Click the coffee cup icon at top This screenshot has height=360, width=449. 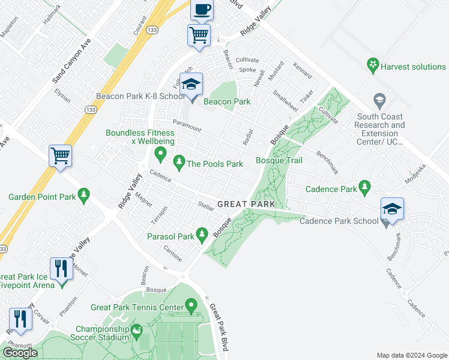(x=202, y=10)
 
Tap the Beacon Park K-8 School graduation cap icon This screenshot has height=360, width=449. (x=191, y=86)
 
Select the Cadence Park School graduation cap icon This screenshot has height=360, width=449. (x=392, y=210)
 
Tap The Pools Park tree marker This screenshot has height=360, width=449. (x=179, y=161)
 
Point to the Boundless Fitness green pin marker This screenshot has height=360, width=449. (x=160, y=154)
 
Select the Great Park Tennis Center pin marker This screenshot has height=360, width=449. (x=192, y=307)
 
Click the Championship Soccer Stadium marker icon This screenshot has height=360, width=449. (x=137, y=330)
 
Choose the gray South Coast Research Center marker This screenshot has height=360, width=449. (x=379, y=99)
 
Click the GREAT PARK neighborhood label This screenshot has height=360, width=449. (x=246, y=204)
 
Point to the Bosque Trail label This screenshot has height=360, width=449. (x=279, y=160)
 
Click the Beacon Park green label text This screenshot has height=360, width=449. (x=227, y=101)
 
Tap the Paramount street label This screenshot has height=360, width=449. (x=187, y=125)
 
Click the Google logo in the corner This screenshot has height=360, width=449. (x=20, y=353)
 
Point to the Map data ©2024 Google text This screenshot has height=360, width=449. (x=412, y=355)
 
